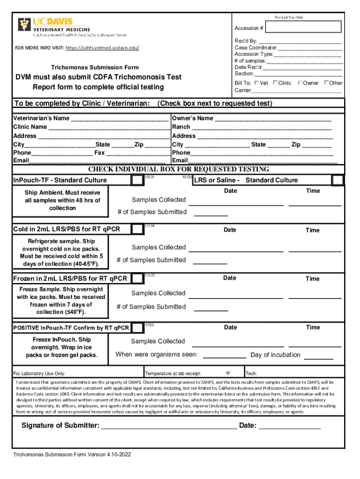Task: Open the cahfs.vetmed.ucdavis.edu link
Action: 102,48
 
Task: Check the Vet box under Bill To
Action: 257,83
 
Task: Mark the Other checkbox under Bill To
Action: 326,83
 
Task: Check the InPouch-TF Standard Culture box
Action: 137,180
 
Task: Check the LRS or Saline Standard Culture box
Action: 338,180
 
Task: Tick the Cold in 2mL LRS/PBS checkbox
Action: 137,229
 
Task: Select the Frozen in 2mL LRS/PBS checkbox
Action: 137,278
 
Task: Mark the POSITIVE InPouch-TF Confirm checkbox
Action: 137,327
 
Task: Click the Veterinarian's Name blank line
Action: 119,119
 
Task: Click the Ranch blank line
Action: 262,127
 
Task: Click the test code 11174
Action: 150,226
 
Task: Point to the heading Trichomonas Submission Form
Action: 95,67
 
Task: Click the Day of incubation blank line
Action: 319,356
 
